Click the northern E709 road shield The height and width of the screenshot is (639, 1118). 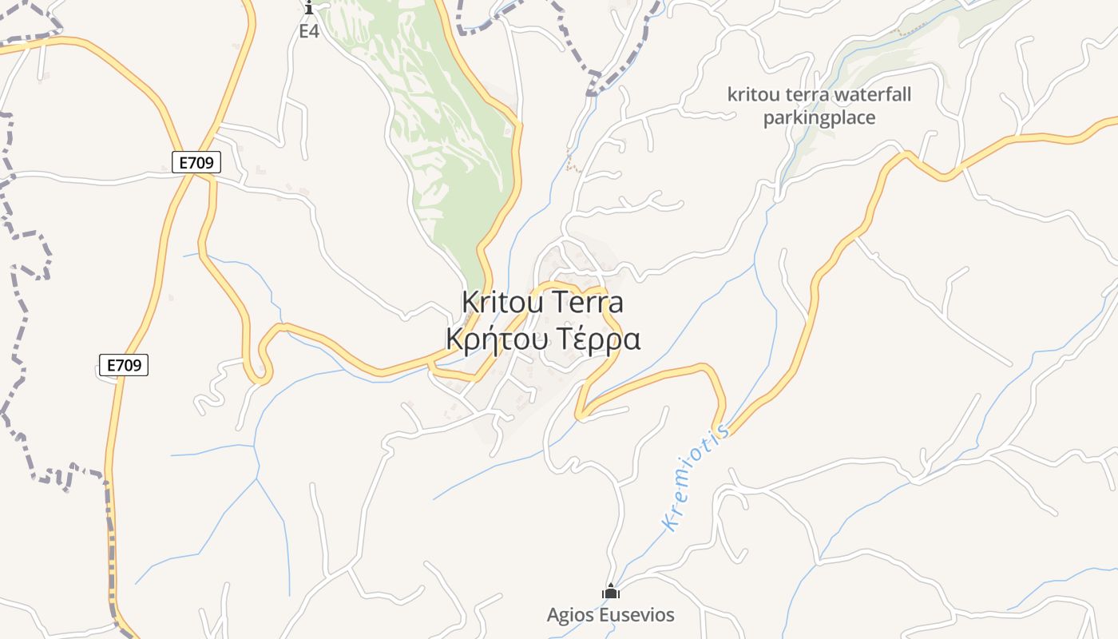click(x=196, y=162)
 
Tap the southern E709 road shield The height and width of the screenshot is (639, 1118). click(x=124, y=365)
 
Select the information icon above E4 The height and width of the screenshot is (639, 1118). click(x=309, y=8)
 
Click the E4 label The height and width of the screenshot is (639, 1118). click(x=309, y=31)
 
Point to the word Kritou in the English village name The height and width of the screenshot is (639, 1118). click(x=498, y=303)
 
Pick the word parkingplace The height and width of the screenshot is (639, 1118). click(x=819, y=118)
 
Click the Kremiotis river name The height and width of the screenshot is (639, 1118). click(x=696, y=478)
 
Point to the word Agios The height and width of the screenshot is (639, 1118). click(x=571, y=615)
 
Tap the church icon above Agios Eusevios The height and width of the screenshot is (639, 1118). click(x=611, y=592)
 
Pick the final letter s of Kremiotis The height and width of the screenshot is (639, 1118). click(x=723, y=431)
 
